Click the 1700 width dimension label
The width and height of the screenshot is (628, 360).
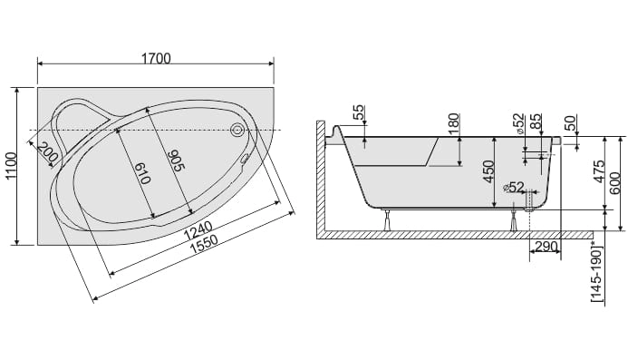156,59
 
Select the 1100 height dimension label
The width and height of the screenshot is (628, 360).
11,166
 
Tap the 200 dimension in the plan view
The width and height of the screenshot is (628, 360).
48,151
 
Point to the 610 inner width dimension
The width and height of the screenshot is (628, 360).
141,173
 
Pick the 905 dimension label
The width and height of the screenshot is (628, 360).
175,160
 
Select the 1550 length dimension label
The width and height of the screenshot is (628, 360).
204,244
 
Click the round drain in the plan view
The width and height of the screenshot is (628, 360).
237,130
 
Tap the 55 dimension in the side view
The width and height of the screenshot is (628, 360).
359,112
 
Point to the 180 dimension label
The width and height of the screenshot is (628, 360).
452,123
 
